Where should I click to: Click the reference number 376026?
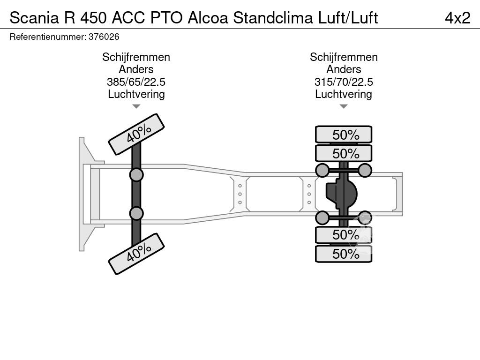tap(104, 37)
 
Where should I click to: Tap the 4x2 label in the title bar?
tap(457, 18)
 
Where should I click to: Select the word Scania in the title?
tap(34, 18)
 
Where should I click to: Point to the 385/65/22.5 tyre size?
tap(136, 82)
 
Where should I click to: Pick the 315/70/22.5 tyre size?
tap(344, 82)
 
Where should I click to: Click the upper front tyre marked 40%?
tap(136, 134)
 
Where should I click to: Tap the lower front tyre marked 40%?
tap(136, 254)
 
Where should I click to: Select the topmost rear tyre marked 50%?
tap(344, 135)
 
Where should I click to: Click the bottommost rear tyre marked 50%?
tap(344, 254)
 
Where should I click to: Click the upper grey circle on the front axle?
tap(136, 175)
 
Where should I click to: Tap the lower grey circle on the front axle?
tap(136, 213)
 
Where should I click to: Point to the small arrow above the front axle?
tap(136, 106)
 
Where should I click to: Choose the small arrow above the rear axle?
tap(344, 106)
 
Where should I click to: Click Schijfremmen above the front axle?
tap(136, 57)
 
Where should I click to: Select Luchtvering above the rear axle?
tap(344, 94)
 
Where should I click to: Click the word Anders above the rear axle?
tap(344, 69)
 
